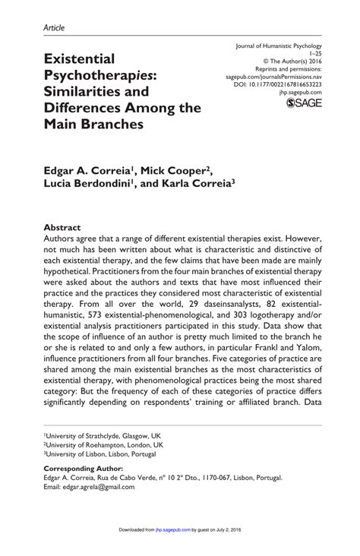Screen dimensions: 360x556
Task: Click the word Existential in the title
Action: click(x=84, y=58)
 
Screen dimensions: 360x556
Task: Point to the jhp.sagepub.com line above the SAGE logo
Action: click(x=305, y=90)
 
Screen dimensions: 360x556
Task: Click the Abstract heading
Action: click(x=63, y=227)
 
